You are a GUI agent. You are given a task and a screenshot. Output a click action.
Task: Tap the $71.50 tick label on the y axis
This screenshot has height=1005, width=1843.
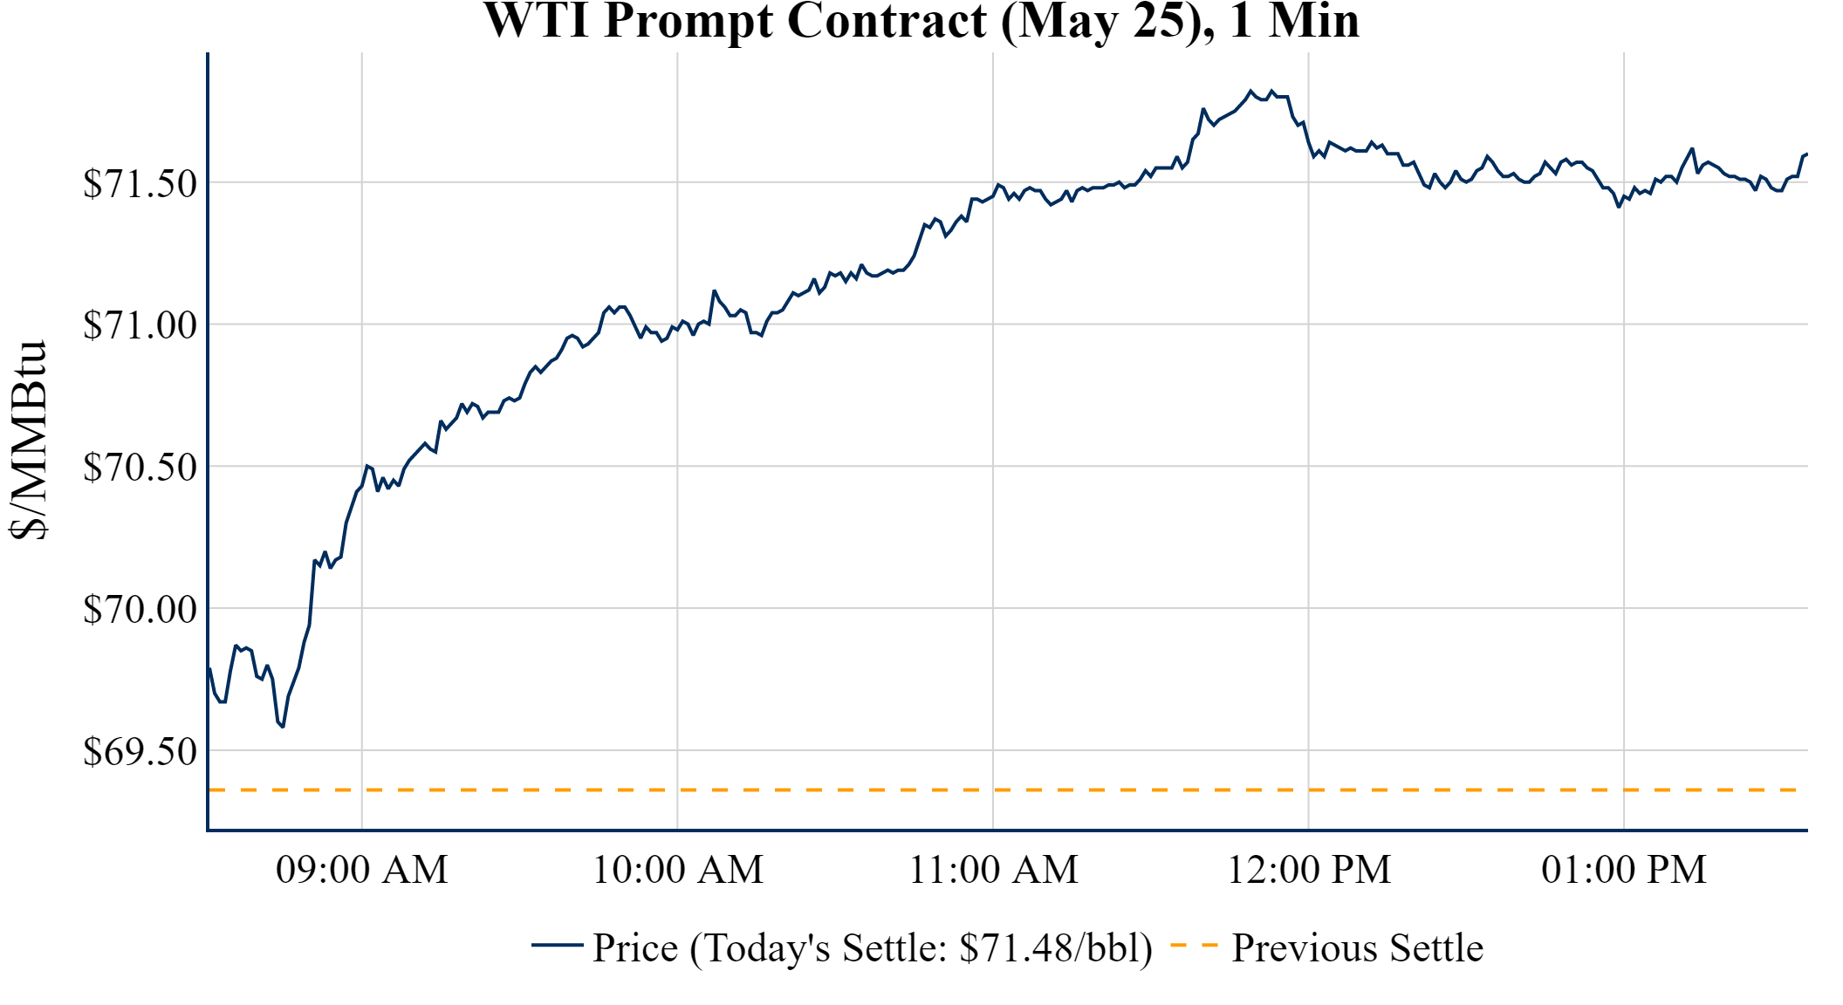tap(140, 183)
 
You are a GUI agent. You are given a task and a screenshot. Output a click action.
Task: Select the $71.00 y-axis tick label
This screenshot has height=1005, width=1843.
tap(140, 325)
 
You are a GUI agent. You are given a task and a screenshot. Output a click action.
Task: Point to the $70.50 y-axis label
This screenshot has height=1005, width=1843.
tap(140, 467)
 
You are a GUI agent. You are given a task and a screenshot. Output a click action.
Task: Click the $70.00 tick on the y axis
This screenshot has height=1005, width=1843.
tap(140, 609)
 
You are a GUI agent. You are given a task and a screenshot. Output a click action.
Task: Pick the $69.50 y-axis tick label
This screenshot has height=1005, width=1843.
tap(140, 751)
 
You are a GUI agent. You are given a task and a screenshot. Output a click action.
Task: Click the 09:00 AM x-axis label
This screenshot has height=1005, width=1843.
tap(362, 870)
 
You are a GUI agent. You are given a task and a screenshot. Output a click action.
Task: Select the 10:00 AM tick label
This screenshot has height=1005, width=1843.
tap(678, 870)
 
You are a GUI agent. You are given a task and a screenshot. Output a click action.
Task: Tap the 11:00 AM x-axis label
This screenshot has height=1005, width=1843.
tap(993, 870)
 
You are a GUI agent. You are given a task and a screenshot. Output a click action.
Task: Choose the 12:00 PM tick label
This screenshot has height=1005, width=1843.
tap(1309, 870)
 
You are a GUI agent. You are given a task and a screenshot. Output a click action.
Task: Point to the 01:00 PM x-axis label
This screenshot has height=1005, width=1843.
tap(1624, 870)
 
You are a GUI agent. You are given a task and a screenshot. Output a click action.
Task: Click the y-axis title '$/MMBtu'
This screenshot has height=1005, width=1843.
tap(29, 441)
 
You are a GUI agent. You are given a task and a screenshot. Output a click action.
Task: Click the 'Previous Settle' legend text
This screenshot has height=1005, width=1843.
tap(1357, 948)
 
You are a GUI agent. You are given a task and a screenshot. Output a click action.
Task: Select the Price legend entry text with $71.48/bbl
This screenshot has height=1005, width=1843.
tap(873, 948)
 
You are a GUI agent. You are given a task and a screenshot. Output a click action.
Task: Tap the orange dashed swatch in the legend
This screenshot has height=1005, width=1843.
tap(1194, 945)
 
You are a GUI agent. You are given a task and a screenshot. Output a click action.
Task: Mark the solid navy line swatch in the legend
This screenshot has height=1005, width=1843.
tap(557, 945)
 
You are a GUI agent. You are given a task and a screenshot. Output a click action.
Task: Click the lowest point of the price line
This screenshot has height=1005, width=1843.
tap(283, 726)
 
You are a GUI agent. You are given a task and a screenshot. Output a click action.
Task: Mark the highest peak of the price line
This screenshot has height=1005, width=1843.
tap(1250, 91)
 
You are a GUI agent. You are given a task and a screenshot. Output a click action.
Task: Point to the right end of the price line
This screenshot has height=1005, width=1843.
tap(1806, 154)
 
